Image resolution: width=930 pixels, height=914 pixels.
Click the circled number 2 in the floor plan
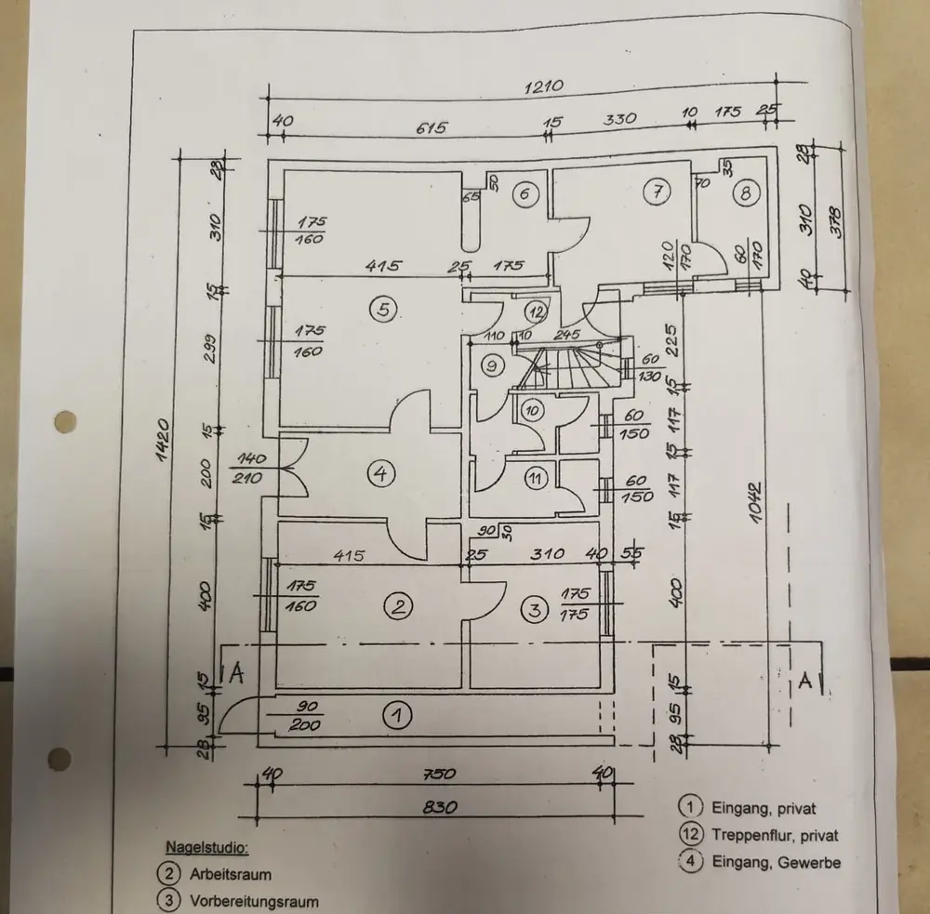click(398, 608)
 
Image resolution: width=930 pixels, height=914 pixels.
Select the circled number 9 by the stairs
click(492, 366)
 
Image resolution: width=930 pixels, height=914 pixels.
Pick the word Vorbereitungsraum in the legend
click(254, 901)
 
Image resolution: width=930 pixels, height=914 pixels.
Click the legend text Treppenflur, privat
click(775, 835)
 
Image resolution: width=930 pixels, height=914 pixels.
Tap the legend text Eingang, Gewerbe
click(776, 862)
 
